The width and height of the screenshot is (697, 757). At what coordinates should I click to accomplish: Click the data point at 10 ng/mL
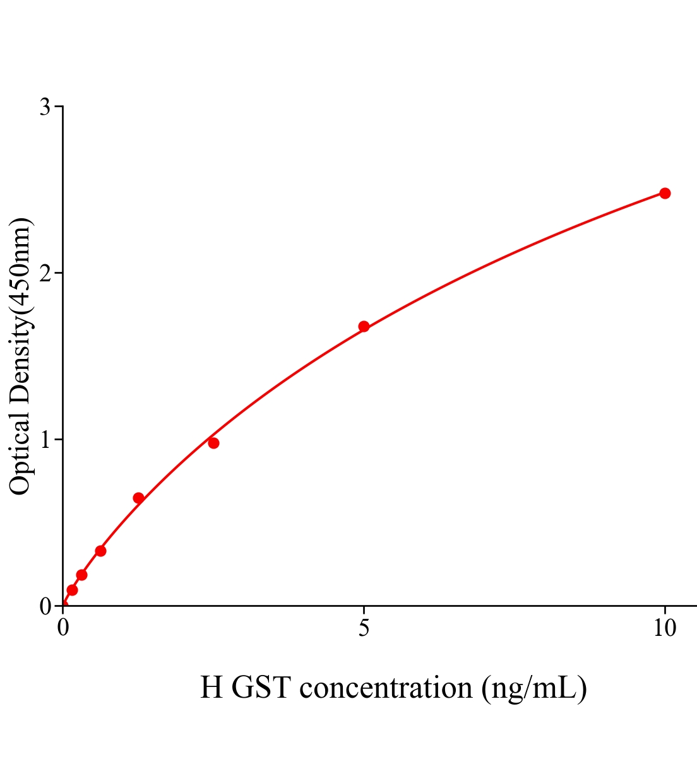(665, 193)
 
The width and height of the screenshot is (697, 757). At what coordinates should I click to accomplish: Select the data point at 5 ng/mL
(364, 326)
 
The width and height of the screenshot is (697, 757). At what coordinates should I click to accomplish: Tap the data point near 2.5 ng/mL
(213, 443)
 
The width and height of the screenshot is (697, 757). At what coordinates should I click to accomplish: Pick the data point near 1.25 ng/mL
(138, 498)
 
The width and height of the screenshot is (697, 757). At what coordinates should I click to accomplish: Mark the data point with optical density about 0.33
(100, 551)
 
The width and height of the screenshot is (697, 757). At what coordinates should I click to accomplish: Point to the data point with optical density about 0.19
(81, 575)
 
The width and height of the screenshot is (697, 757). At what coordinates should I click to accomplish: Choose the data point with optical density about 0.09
(72, 590)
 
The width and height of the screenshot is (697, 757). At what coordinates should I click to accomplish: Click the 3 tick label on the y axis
(45, 107)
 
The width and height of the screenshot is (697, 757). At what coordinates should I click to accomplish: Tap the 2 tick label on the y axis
(45, 273)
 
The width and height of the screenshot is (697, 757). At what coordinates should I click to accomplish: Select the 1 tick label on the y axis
(45, 440)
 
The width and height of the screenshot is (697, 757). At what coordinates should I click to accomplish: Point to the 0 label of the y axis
(45, 606)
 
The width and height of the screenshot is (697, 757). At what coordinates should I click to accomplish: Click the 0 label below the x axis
(63, 628)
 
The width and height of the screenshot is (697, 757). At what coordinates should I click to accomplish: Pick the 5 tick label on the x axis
(364, 628)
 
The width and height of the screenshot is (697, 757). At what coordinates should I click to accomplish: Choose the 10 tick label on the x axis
(665, 628)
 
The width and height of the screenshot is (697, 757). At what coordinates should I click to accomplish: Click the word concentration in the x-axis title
(386, 688)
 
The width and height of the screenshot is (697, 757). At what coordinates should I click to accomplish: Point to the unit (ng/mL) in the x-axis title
(534, 688)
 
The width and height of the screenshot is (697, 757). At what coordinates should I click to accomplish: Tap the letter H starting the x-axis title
(212, 688)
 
